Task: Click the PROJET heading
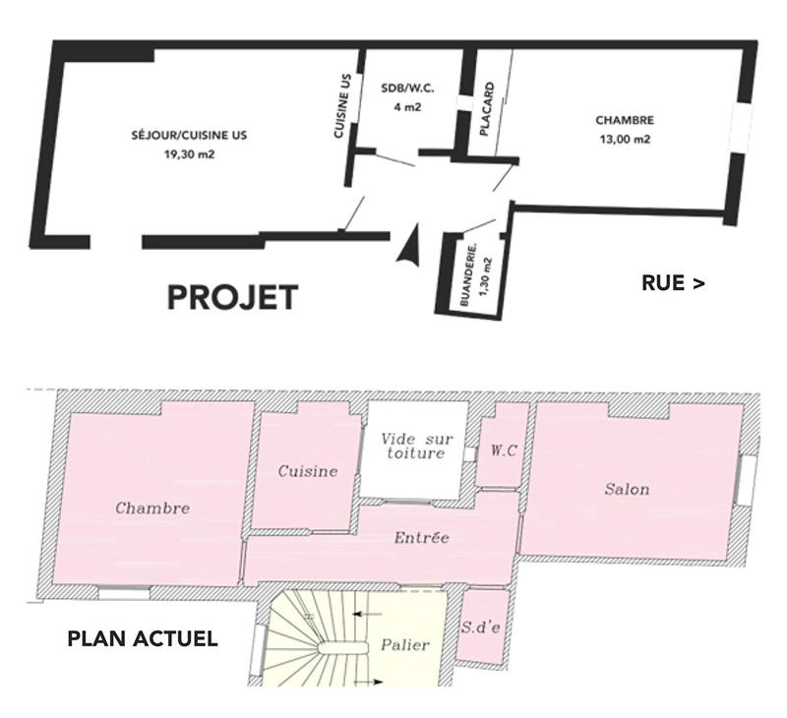tap(232, 297)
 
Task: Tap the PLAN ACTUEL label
tap(143, 639)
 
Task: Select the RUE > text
tap(673, 283)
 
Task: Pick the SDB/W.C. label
tap(407, 89)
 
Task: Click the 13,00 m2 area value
tap(625, 139)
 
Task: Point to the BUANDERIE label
tap(473, 275)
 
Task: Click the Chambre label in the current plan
tap(152, 509)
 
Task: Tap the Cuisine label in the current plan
tap(307, 471)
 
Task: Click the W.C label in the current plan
tap(503, 451)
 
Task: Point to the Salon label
tap(627, 489)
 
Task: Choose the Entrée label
tap(421, 538)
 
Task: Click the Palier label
tap(404, 645)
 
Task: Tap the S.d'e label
tap(481, 627)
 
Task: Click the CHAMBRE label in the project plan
tap(625, 121)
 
